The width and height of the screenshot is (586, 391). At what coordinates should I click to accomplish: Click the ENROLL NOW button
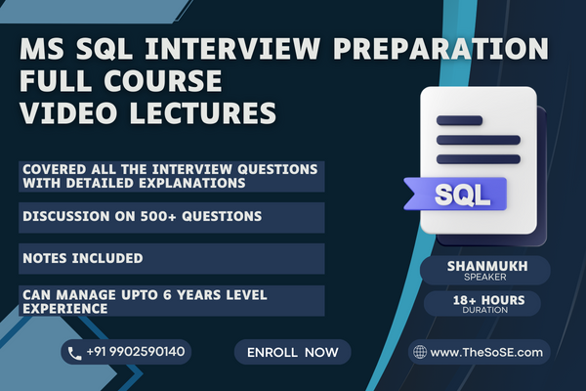click(292, 351)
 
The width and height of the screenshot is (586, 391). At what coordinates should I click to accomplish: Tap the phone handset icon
click(76, 351)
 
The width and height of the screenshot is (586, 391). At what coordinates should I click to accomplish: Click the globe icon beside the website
click(419, 351)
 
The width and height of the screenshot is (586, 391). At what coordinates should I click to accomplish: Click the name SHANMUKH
click(486, 265)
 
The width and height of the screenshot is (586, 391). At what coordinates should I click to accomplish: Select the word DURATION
click(486, 310)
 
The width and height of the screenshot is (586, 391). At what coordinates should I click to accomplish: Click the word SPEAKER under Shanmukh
click(486, 277)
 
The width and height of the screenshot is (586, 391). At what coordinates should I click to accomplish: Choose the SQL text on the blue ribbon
click(457, 193)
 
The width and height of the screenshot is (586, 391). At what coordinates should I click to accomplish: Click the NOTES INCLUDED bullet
click(81, 258)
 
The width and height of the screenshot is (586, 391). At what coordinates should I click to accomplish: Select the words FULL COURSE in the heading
click(118, 81)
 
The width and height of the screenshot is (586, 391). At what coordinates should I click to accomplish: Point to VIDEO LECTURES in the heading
click(146, 114)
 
